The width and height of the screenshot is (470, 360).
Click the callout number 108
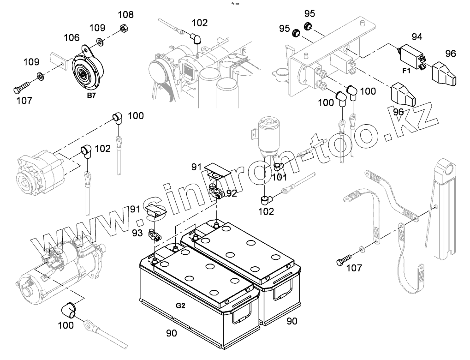(x=125, y=14)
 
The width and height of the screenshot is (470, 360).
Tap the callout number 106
(x=71, y=37)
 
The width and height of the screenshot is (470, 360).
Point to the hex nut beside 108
(x=124, y=28)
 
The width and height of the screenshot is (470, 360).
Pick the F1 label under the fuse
(x=406, y=72)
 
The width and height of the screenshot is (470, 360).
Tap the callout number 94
(x=417, y=36)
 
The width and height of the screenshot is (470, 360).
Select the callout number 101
(x=280, y=176)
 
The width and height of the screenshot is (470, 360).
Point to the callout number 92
(x=232, y=193)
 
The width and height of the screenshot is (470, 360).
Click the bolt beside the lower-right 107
(x=346, y=259)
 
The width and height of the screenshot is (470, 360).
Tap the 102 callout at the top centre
(x=200, y=23)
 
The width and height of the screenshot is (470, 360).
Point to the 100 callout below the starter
(x=66, y=325)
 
